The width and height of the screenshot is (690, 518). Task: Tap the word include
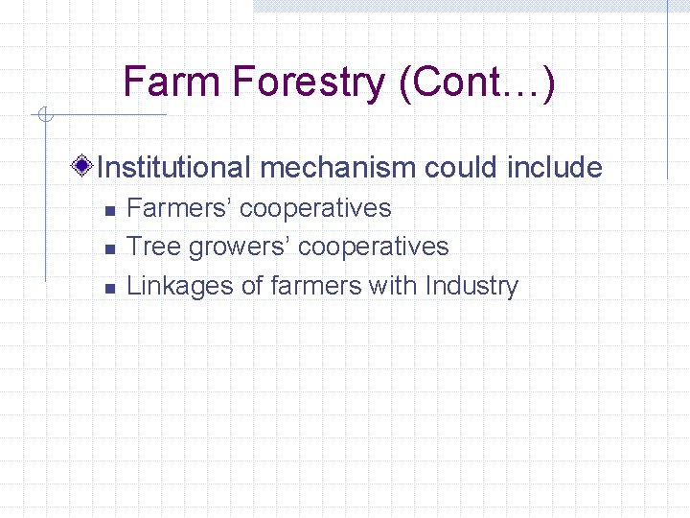pyautogui.click(x=555, y=168)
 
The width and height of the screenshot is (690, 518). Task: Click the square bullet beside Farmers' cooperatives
pyautogui.click(x=110, y=209)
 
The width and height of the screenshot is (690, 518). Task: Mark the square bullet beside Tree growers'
pyautogui.click(x=110, y=248)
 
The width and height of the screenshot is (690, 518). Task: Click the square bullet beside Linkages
pyautogui.click(x=110, y=287)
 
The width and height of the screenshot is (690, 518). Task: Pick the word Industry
pyautogui.click(x=471, y=286)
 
